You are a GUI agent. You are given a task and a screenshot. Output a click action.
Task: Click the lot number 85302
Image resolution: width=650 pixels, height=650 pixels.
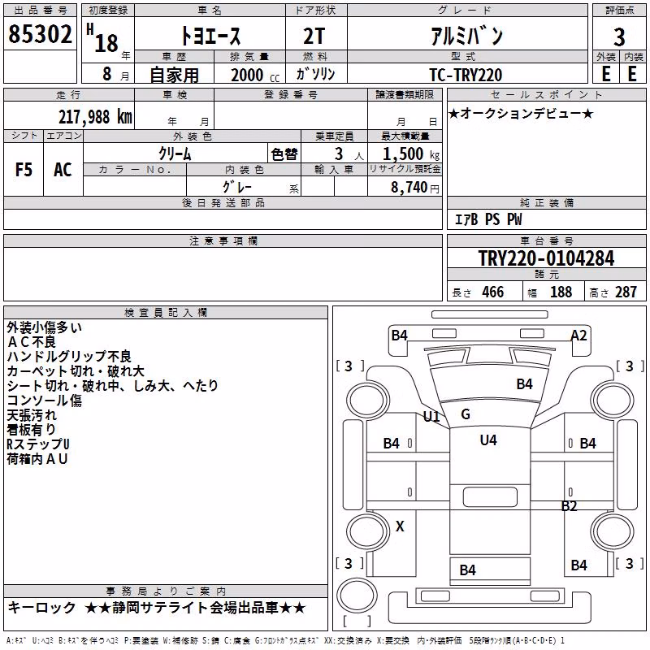click(x=40, y=34)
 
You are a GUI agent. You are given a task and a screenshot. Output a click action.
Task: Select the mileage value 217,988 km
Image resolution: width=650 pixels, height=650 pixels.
click(x=95, y=117)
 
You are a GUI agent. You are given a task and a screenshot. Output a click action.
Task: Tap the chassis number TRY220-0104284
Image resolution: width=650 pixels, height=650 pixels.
click(x=546, y=258)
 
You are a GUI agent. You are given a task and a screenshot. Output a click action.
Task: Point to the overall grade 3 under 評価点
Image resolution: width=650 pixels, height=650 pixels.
click(x=619, y=37)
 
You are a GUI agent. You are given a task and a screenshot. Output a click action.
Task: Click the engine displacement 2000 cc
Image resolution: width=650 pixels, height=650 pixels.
click(x=255, y=75)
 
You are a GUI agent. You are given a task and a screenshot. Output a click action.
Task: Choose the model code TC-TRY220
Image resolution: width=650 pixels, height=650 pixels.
click(x=466, y=75)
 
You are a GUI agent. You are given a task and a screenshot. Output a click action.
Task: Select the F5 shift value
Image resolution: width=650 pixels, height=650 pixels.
click(x=24, y=170)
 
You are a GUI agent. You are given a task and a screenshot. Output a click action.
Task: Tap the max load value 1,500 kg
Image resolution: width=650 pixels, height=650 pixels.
click(x=411, y=154)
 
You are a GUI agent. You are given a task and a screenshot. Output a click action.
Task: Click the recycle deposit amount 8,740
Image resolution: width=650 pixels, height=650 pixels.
click(x=409, y=188)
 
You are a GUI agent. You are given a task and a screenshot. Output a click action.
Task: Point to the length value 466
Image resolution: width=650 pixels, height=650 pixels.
click(x=493, y=292)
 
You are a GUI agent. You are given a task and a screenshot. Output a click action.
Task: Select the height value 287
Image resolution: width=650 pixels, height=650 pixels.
click(x=626, y=292)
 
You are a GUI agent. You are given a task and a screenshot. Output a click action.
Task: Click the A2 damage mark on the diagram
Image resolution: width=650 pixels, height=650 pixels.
click(x=578, y=335)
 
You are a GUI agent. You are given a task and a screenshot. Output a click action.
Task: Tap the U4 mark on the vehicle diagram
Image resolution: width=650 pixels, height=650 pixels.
click(x=488, y=440)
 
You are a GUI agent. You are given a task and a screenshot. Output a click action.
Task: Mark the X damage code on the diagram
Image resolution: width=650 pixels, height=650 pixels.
click(x=400, y=526)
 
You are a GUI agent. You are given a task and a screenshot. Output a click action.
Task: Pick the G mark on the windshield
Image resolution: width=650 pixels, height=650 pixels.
click(x=466, y=414)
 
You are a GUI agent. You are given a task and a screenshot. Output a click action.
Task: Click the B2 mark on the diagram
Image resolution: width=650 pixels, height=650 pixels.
click(x=570, y=505)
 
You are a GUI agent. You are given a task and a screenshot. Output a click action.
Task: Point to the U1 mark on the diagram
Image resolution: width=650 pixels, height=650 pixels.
click(x=431, y=416)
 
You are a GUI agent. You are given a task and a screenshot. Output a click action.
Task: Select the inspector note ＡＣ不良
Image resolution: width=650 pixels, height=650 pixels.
click(x=32, y=342)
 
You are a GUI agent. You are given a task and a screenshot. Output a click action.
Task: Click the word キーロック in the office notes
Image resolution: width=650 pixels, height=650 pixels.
click(x=42, y=608)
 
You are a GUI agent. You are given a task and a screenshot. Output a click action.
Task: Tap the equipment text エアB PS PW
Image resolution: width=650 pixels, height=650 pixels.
click(x=488, y=219)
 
